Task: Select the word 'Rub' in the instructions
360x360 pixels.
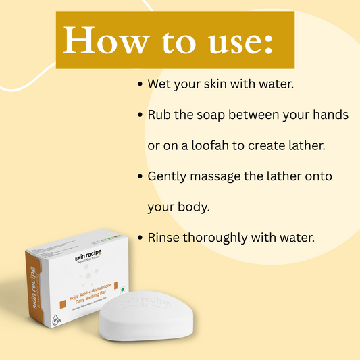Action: click(159, 115)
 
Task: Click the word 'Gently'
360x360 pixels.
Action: click(168, 176)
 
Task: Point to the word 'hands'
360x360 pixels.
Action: click(330, 115)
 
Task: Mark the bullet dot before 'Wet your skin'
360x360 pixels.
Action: click(140, 85)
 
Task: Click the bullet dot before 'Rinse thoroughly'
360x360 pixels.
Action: click(140, 238)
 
